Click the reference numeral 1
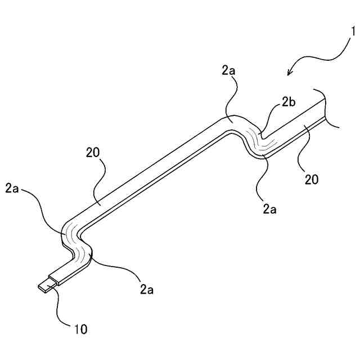point(353,32)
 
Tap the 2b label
point(288,103)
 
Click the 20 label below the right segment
point(312,180)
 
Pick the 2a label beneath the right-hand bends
point(270,209)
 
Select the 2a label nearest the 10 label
point(146,290)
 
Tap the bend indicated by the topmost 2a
point(230,120)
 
